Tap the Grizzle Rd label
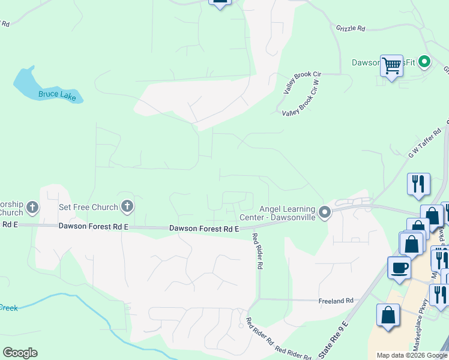tap(351, 28)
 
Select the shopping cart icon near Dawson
tap(391, 65)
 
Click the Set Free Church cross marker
tap(127, 208)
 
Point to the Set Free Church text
tap(88, 208)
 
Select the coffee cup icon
tap(399, 268)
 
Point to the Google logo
tap(20, 353)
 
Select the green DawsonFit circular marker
tap(424, 62)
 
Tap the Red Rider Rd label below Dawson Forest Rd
tap(258, 250)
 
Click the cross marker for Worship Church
tap(32, 208)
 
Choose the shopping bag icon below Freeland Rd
tap(388, 316)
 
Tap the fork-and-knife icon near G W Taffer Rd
tap(418, 184)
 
